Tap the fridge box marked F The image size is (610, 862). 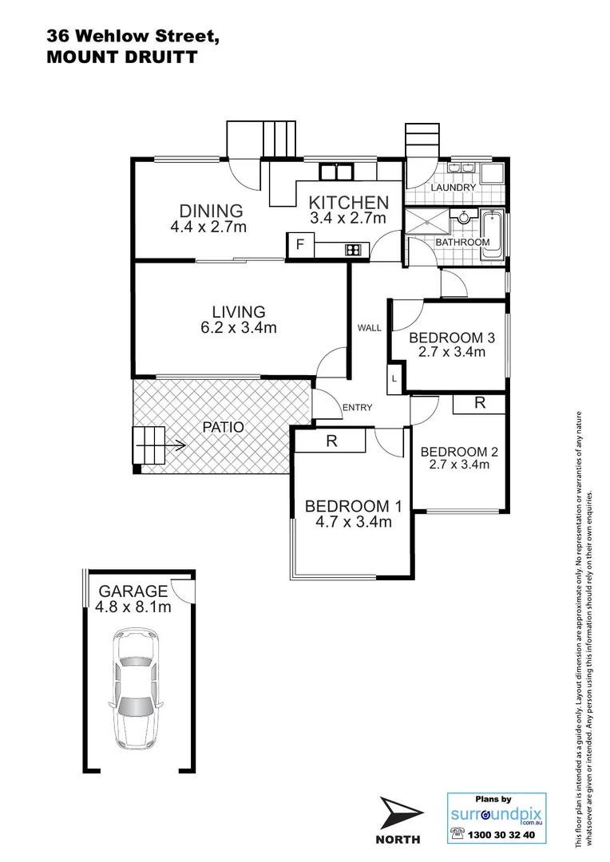click(x=300, y=245)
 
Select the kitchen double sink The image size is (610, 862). click(x=336, y=171)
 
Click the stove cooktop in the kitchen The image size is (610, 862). click(x=353, y=250)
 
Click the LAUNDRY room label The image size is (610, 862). click(x=454, y=188)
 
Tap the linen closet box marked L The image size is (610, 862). click(x=394, y=379)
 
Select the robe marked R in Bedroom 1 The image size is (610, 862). click(x=331, y=440)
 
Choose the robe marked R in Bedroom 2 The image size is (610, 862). click(x=479, y=404)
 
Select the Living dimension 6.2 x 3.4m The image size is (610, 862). click(x=238, y=327)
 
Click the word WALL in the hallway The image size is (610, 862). click(x=369, y=328)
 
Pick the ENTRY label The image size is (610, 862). click(x=357, y=408)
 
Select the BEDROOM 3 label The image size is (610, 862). click(x=452, y=338)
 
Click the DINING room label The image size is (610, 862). click(x=211, y=211)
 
